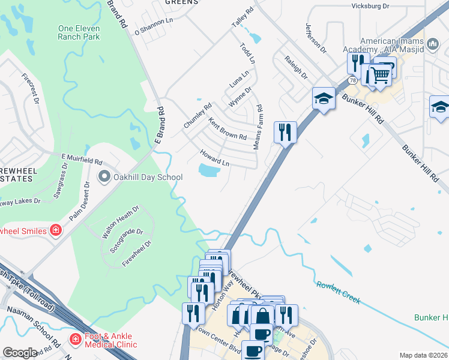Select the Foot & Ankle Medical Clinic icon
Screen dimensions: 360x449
tap(76, 340)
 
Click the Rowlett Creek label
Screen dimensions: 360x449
tap(339, 292)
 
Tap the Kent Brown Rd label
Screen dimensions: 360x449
tap(228, 128)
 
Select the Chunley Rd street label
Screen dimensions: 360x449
tap(198, 116)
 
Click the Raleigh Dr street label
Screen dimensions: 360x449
tap(296, 68)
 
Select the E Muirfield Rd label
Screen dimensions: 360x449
tap(82, 160)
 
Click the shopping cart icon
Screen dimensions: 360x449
tap(380, 74)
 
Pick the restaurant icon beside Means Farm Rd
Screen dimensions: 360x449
tap(285, 131)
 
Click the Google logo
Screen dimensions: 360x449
tap(20, 353)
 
